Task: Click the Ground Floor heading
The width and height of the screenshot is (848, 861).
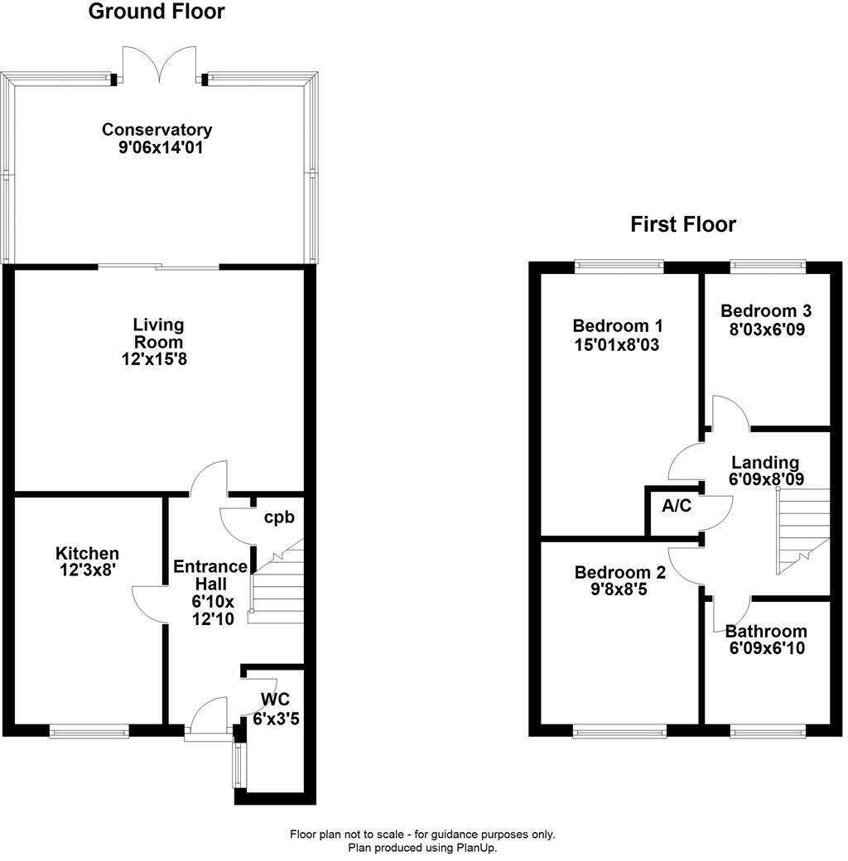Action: tap(156, 12)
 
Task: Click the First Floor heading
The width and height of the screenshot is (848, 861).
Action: tap(682, 224)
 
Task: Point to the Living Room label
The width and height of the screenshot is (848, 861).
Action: tap(158, 334)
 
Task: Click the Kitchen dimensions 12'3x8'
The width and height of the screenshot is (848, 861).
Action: tap(87, 570)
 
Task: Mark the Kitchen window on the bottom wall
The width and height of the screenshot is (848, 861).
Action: tap(89, 730)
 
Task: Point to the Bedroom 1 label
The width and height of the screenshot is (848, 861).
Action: tap(617, 325)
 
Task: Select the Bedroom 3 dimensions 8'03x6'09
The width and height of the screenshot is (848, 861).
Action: tap(766, 329)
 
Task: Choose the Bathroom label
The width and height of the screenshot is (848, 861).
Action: tap(766, 632)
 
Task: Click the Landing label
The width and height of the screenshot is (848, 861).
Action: tap(764, 463)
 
